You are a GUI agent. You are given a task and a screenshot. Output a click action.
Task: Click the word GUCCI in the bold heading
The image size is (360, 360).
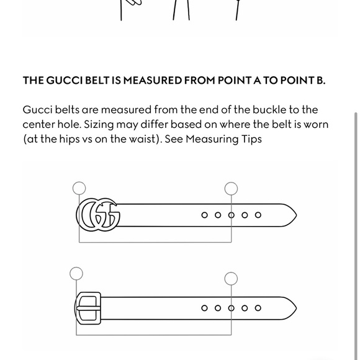65,80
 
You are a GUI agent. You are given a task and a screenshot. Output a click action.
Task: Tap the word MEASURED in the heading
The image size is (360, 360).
153,80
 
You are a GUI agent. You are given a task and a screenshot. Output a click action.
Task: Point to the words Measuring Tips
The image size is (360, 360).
223,139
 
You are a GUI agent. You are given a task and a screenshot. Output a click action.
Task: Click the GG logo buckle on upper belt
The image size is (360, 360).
98,215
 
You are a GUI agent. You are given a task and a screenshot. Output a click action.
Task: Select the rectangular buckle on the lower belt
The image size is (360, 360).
88,308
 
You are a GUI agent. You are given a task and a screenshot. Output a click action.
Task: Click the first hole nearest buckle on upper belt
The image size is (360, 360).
204,215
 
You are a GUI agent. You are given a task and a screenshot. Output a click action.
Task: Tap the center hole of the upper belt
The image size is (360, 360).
231,215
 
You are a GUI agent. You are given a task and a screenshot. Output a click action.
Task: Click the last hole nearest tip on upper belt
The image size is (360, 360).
258,215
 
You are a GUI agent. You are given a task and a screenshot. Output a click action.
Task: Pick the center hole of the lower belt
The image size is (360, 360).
231,308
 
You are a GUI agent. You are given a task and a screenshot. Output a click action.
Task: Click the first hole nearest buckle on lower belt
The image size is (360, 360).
204,308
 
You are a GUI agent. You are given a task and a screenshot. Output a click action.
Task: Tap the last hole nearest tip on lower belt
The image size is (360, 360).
258,308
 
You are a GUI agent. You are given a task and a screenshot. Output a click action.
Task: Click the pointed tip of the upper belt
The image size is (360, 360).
297,215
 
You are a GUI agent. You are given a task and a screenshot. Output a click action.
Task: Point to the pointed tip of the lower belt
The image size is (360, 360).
297,308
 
